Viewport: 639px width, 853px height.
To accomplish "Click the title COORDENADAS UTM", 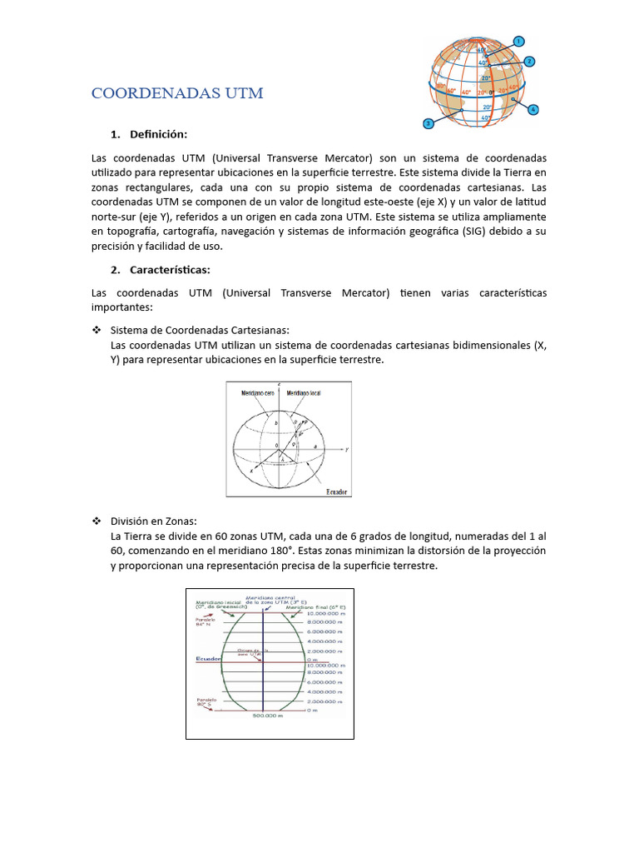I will click(x=177, y=93).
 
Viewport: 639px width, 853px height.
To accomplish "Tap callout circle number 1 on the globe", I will click(x=518, y=41).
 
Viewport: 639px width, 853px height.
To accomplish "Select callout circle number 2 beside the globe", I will click(x=529, y=61).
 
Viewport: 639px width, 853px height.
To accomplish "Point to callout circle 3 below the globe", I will click(x=428, y=123).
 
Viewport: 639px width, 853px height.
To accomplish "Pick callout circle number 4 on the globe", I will click(x=533, y=109).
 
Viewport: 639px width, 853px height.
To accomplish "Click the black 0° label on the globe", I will click(x=492, y=92).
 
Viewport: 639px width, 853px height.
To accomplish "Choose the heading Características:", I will click(x=170, y=269).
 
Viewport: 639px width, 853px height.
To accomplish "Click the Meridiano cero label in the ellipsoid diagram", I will click(x=258, y=393).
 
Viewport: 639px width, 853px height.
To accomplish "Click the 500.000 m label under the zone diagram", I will click(x=268, y=716).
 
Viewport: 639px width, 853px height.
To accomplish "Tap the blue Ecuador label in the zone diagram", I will click(x=208, y=659).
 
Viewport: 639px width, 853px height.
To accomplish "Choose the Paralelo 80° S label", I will click(x=206, y=702).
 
